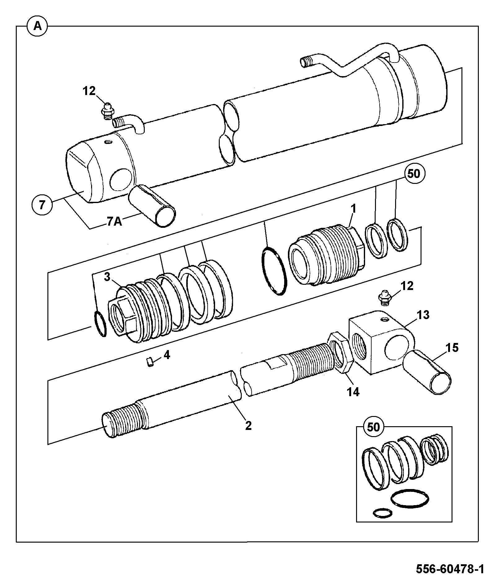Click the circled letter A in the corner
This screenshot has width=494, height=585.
coord(37,26)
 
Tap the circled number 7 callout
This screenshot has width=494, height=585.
coord(42,205)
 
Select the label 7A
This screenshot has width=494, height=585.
coord(115,222)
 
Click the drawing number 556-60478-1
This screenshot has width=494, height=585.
coord(450,569)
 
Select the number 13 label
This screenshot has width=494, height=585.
coord(423,315)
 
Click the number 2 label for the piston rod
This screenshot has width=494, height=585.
coord(248,426)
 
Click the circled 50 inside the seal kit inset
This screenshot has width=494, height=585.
coord(373,427)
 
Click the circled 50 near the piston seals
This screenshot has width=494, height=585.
coord(414,174)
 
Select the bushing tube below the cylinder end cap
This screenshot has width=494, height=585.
coord(152,206)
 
